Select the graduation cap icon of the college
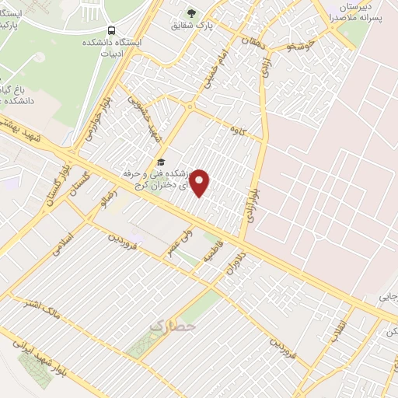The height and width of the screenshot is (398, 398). coord(161,162)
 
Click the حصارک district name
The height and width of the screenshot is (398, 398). coord(172,326)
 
